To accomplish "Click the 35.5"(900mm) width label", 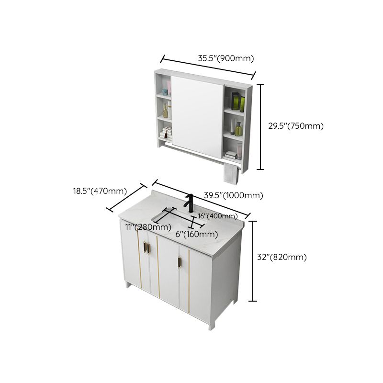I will pyautogui.click(x=225, y=58).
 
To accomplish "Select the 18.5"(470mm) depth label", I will pyautogui.click(x=100, y=191).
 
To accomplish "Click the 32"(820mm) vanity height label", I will pyautogui.click(x=282, y=257).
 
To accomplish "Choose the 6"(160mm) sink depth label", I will pyautogui.click(x=197, y=234).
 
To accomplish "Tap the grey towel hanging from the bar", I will pyautogui.click(x=231, y=174).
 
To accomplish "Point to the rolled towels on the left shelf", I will pyautogui.click(x=166, y=133).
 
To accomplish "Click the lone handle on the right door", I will pyautogui.click(x=180, y=263).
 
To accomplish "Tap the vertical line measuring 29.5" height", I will pyautogui.click(x=261, y=127).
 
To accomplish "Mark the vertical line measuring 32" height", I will pyautogui.click(x=254, y=260).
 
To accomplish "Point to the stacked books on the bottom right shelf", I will pyautogui.click(x=231, y=155).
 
